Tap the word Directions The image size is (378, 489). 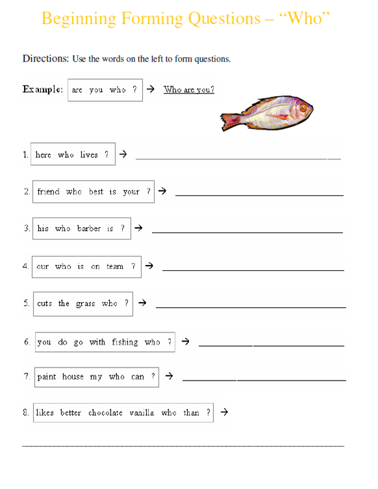(x=45, y=58)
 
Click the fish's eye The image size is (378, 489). (x=302, y=106)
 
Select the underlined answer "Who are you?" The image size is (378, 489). (x=189, y=90)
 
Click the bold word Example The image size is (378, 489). (x=43, y=90)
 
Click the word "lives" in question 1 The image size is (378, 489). (x=89, y=155)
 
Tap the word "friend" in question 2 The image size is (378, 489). (x=48, y=192)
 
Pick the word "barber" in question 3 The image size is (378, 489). (x=89, y=229)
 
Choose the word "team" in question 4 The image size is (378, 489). (x=115, y=266)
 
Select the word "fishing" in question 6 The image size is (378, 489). (x=125, y=342)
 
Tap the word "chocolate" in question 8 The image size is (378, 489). (x=105, y=413)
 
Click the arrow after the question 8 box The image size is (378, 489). (x=224, y=412)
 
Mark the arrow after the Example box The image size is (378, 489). (x=150, y=89)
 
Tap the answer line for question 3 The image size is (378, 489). (x=247, y=232)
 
